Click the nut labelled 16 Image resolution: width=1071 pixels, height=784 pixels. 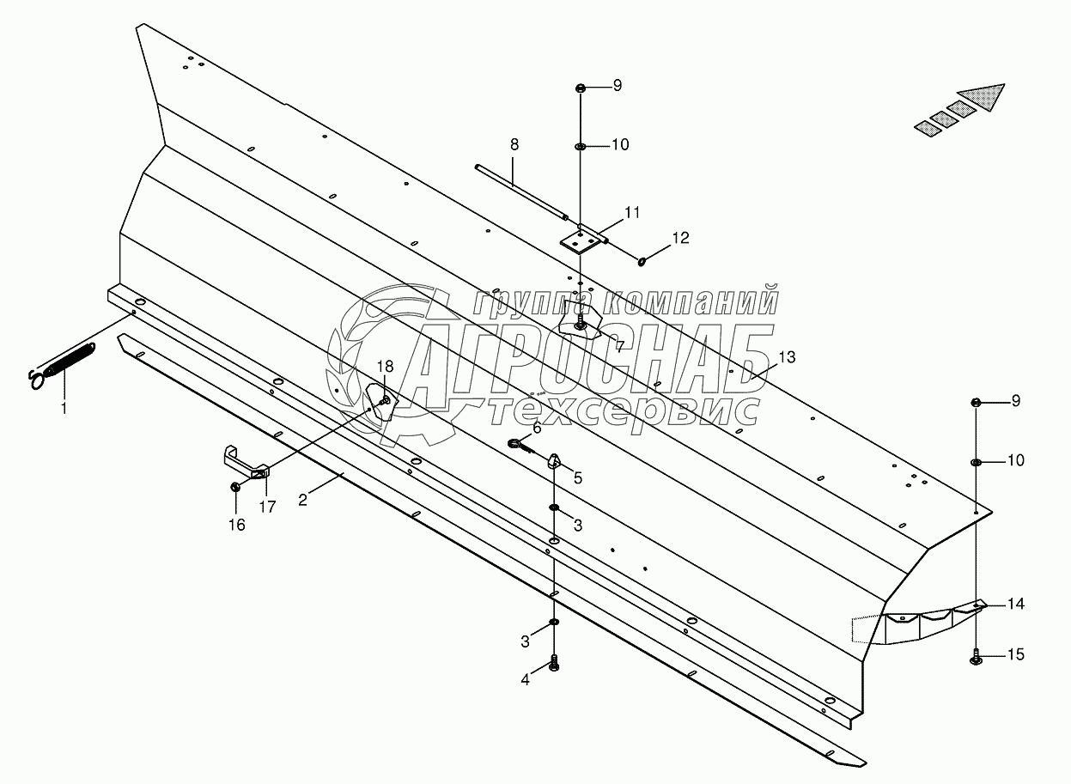tap(235, 487)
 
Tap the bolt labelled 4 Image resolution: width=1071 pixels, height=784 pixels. tap(554, 664)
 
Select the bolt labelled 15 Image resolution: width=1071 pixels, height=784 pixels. tap(977, 659)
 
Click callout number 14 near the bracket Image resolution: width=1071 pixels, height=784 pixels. tap(1016, 604)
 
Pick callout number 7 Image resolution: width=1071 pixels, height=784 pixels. tap(618, 346)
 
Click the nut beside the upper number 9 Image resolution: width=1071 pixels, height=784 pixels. tap(580, 88)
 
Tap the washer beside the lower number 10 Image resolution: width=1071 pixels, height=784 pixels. tap(977, 462)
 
